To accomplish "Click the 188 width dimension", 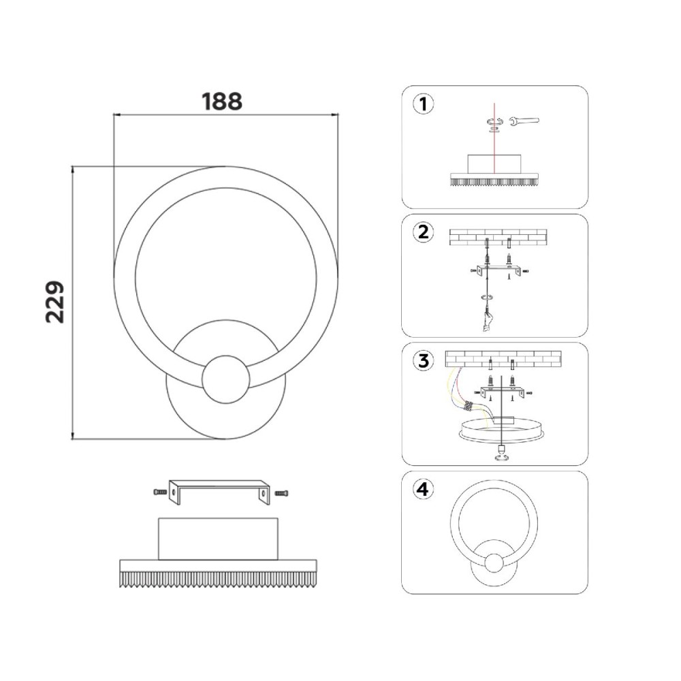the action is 222,101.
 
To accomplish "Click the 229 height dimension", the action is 55,302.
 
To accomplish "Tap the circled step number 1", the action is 423,105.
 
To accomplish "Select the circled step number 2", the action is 423,232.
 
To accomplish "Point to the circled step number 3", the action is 423,361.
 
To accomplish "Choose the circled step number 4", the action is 423,490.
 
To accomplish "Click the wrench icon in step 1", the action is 524,121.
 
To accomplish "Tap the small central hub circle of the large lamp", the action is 226,378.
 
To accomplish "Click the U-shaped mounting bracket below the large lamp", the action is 219,492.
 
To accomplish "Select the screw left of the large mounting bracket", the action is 160,492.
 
